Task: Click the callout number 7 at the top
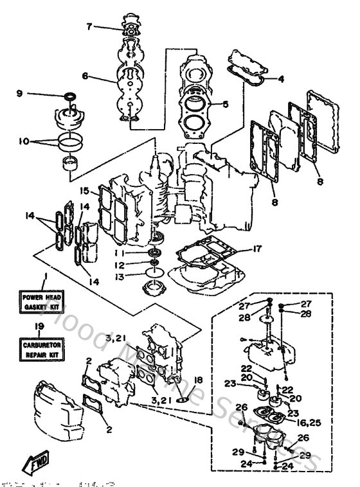90,26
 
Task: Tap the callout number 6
84,76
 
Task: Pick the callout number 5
225,104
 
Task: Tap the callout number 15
84,191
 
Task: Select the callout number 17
257,248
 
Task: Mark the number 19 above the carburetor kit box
44,327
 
